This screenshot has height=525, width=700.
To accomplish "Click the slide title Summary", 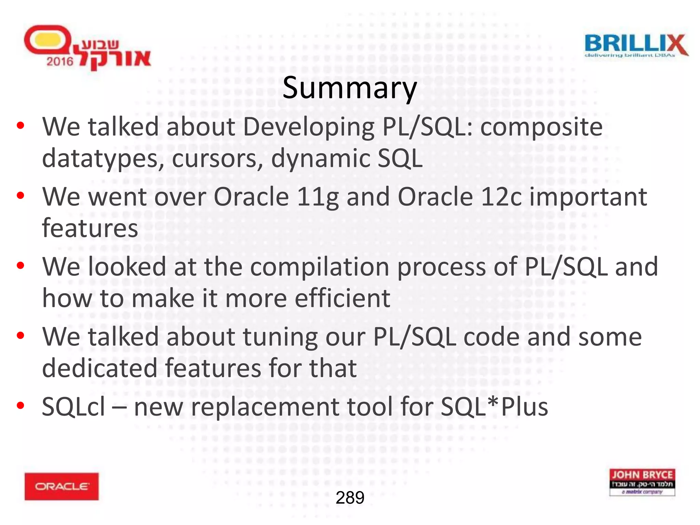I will click(x=350, y=88).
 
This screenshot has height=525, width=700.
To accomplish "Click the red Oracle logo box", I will click(x=62, y=486).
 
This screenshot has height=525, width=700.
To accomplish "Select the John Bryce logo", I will click(x=642, y=482).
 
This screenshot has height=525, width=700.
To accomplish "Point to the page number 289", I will click(x=350, y=498).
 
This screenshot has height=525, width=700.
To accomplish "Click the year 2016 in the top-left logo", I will click(x=60, y=62).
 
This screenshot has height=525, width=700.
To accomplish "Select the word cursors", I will click(x=217, y=159).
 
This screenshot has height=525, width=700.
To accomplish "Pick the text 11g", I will click(x=318, y=197).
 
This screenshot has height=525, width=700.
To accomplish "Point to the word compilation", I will click(x=320, y=267).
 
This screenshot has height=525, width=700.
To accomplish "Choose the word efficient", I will click(x=342, y=298).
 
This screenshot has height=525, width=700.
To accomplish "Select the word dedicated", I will click(x=99, y=368).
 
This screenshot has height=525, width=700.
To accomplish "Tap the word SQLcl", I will click(x=73, y=407).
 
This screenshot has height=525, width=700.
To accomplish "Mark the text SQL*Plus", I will click(x=494, y=407).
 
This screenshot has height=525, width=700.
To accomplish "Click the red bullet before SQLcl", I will click(x=21, y=406).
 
